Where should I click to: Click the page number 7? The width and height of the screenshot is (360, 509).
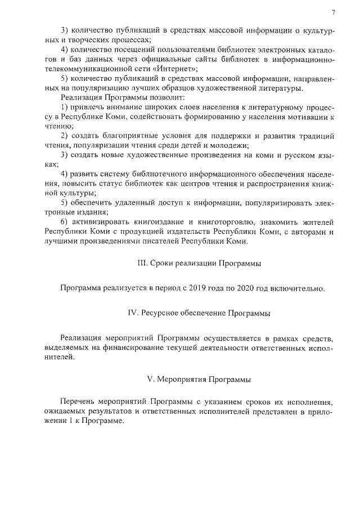333,12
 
